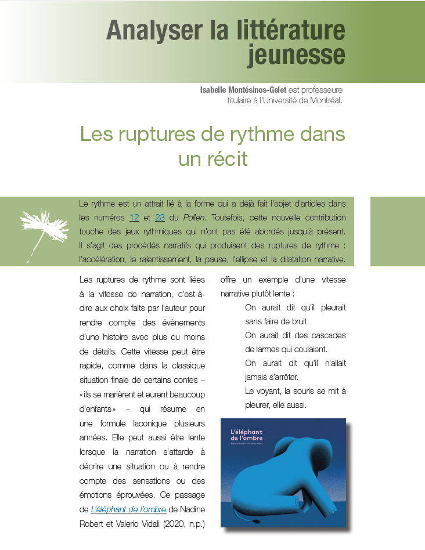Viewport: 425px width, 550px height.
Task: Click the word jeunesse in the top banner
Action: [x=296, y=55]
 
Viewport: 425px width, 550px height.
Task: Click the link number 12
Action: [x=134, y=218]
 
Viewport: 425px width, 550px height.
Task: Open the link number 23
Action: [x=160, y=218]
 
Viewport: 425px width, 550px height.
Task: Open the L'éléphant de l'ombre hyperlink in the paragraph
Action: [x=128, y=509]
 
